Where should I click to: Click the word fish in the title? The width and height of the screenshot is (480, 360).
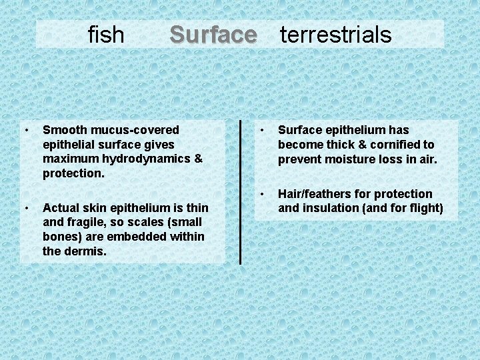pos(106,34)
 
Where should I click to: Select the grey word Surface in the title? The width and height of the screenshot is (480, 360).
pos(213,34)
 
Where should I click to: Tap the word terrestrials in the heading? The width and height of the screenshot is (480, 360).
pos(335,34)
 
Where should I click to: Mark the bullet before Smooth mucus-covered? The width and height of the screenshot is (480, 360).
pos(25,129)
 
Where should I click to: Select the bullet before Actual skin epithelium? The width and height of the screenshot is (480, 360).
pos(25,207)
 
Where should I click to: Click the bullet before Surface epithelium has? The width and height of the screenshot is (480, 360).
pos(264,129)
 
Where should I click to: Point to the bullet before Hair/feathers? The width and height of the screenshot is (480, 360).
pos(264,193)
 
